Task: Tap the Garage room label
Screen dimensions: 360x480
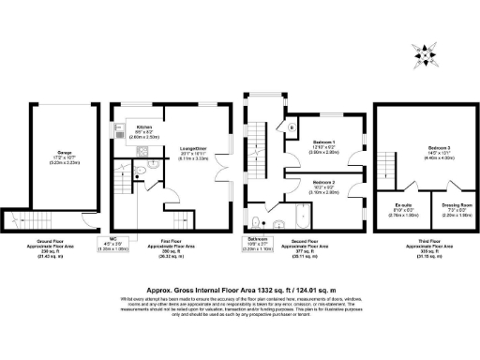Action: pyautogui.click(x=52, y=156)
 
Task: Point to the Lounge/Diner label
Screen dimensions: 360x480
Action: pyautogui.click(x=193, y=151)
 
